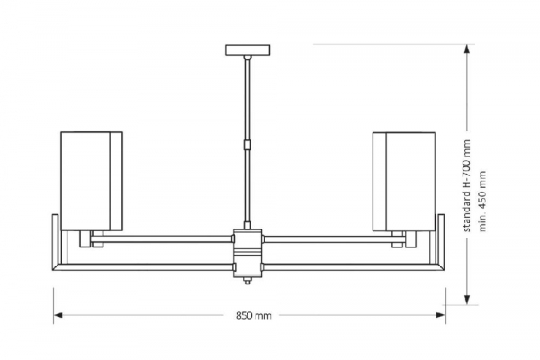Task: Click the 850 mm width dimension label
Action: (x=253, y=316)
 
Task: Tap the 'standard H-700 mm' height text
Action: (x=466, y=184)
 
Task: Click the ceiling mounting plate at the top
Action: (x=246, y=49)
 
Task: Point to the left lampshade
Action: (x=91, y=180)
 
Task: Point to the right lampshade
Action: (x=404, y=180)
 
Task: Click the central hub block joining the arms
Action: (x=247, y=252)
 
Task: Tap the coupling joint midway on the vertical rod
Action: (x=246, y=144)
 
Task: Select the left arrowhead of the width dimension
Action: (x=58, y=315)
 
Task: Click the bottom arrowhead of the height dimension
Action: (x=469, y=300)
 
